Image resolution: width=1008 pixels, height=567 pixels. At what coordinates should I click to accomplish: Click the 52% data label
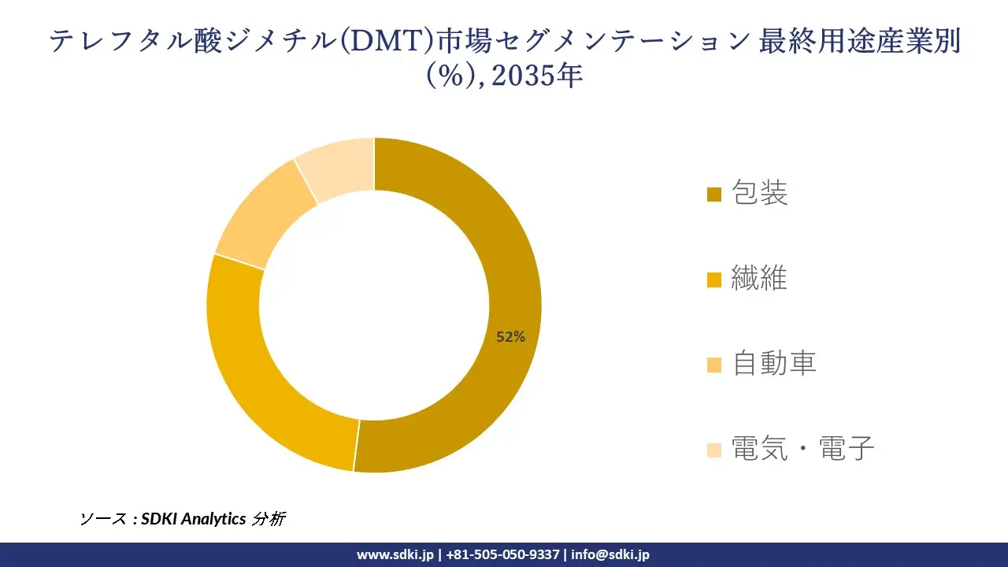(x=510, y=337)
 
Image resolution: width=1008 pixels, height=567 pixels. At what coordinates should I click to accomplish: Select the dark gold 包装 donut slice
(x=488, y=236)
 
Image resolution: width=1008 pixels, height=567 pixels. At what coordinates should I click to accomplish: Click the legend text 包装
(x=760, y=193)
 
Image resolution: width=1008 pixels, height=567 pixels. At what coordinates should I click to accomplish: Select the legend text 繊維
(x=759, y=278)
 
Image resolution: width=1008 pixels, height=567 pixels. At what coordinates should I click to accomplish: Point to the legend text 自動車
(x=774, y=363)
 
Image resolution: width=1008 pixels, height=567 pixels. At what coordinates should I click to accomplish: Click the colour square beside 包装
(x=714, y=195)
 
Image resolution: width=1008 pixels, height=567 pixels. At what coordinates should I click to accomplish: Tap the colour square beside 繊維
(x=714, y=280)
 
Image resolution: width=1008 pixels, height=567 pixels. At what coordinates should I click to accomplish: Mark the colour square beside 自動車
(x=714, y=365)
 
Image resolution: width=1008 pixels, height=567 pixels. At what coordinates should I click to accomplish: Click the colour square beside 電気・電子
(x=714, y=450)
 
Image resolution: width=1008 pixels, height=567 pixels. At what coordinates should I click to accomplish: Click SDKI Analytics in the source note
(x=194, y=519)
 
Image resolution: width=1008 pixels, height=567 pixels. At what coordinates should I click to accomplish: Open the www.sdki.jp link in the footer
(x=395, y=554)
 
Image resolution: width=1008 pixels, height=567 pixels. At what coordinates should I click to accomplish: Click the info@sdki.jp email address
(x=610, y=554)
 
